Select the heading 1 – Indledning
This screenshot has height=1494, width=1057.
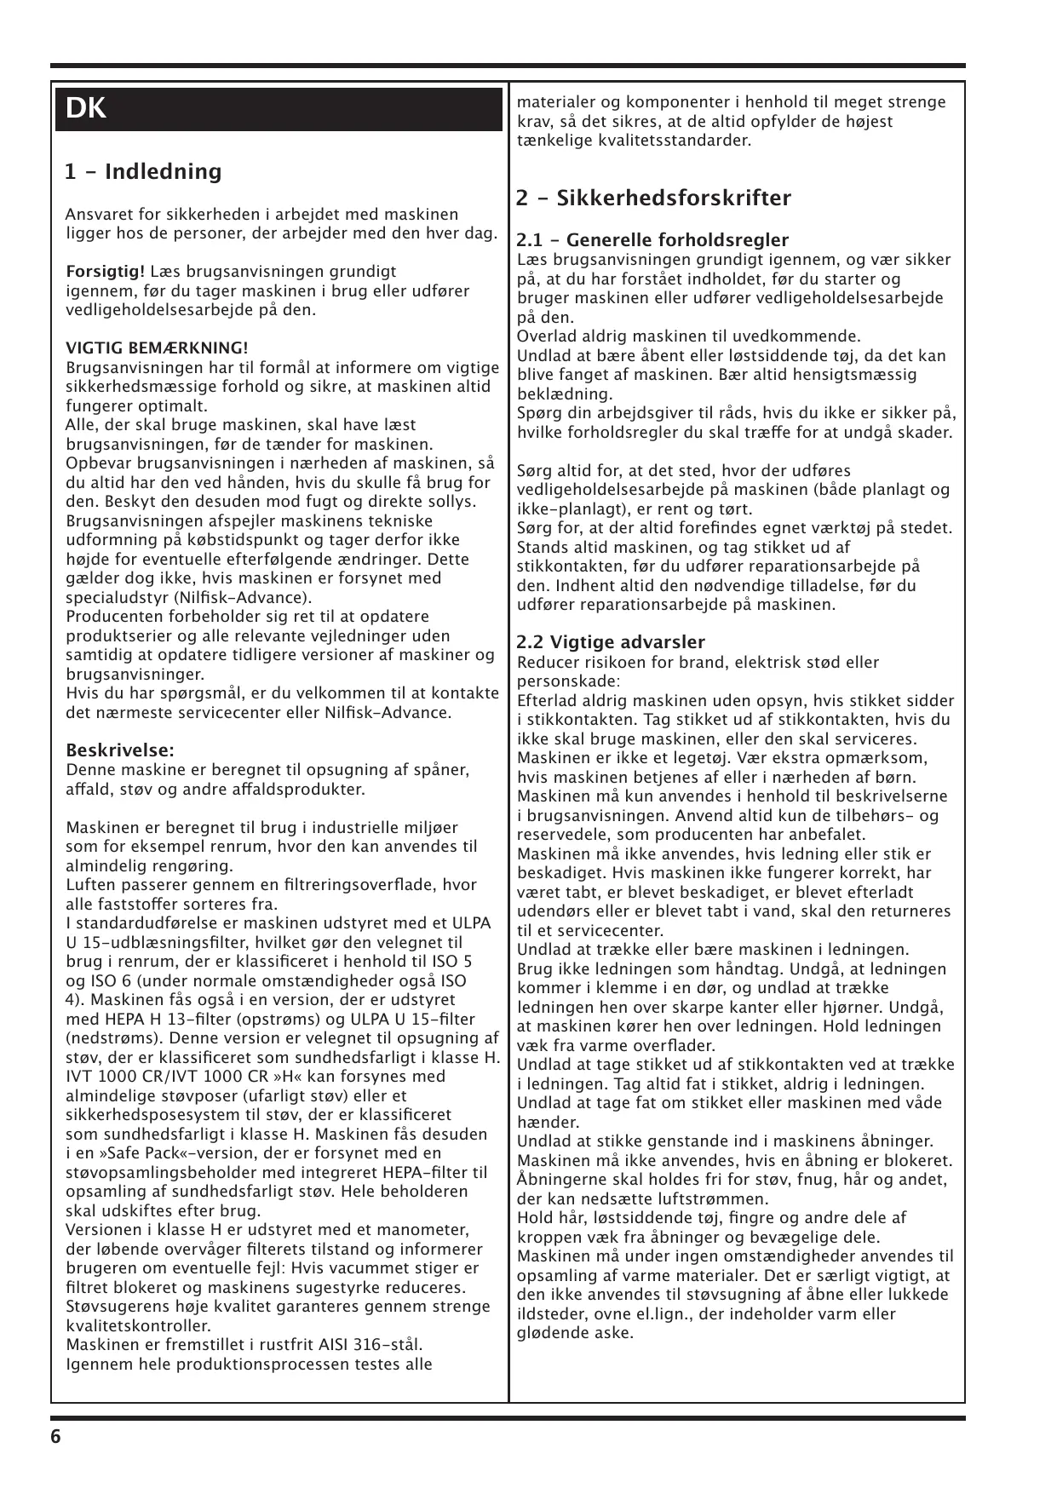pyautogui.click(x=143, y=172)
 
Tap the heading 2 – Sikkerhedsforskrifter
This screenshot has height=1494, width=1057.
pyautogui.click(x=654, y=198)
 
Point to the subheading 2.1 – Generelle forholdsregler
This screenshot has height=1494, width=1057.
pyautogui.click(x=652, y=240)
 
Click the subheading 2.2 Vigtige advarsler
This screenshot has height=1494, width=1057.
pyautogui.click(x=611, y=642)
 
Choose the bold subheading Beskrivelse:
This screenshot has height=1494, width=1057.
pyautogui.click(x=120, y=750)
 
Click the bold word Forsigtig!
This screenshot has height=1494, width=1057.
pyautogui.click(x=106, y=273)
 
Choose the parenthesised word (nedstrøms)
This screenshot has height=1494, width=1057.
pyautogui.click(x=112, y=1038)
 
